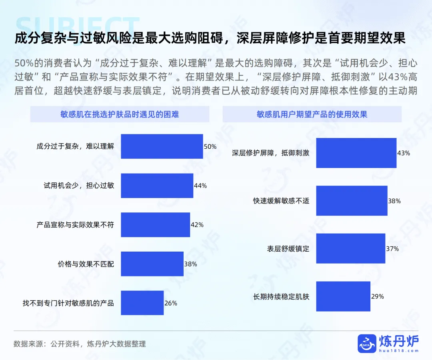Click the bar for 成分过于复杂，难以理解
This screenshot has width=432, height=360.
click(162, 146)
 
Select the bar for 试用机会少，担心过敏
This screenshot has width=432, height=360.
click(157, 186)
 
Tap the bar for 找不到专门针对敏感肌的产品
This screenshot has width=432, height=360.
click(142, 303)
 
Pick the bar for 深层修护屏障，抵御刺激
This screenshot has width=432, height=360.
click(356, 153)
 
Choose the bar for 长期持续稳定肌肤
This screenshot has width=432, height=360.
click(343, 296)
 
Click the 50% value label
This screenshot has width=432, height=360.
click(210, 147)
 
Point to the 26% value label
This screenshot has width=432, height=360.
click(171, 303)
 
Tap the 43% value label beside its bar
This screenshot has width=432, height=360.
click(404, 153)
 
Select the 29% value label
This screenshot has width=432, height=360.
click(378, 297)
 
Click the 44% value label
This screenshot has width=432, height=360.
click(200, 186)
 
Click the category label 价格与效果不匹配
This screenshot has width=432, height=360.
click(86, 264)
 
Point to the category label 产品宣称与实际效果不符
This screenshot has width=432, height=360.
click(75, 225)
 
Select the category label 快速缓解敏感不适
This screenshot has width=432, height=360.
click(281, 201)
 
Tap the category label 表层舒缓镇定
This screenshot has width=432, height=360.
click(288, 249)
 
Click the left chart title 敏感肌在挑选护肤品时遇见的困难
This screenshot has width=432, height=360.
click(120, 114)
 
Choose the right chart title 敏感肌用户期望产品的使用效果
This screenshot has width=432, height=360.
click(312, 114)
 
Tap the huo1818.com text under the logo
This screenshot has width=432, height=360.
click(399, 351)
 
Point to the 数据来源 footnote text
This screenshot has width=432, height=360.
click(80, 344)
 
